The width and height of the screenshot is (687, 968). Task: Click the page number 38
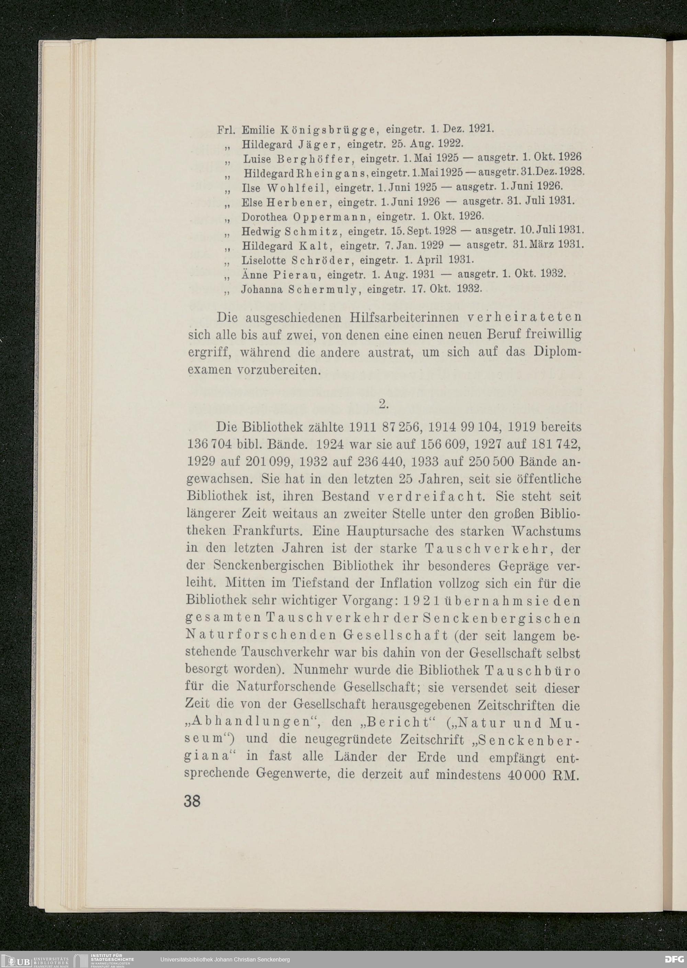pos(192,801)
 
